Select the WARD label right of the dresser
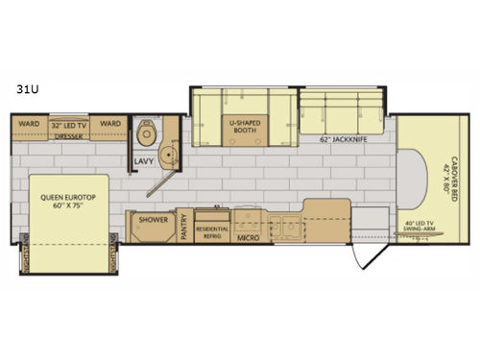pyautogui.click(x=110, y=124)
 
